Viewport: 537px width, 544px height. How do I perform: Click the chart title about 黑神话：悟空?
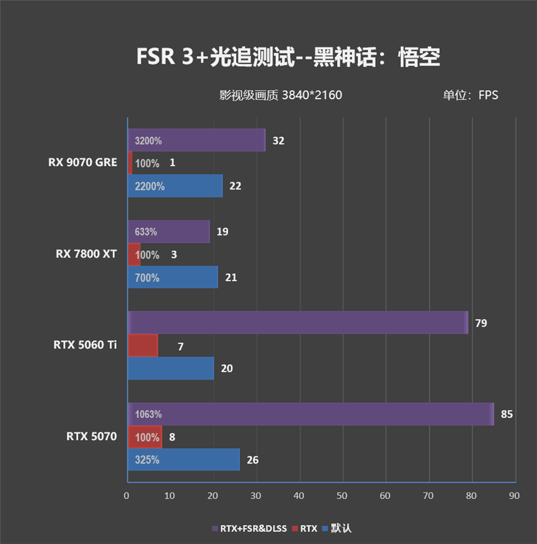click(x=288, y=57)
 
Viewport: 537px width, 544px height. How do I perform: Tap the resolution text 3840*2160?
click(x=312, y=95)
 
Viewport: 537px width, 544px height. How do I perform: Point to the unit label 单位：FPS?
click(x=470, y=95)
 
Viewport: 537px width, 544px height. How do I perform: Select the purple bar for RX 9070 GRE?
click(x=196, y=141)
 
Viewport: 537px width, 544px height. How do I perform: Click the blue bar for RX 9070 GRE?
click(x=175, y=186)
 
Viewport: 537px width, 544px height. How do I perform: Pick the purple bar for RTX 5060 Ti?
click(x=297, y=323)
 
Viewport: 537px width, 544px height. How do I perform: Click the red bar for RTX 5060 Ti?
click(x=142, y=345)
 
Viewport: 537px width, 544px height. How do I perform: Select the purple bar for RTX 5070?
click(x=310, y=414)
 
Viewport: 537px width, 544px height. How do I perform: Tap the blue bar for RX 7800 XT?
click(x=173, y=277)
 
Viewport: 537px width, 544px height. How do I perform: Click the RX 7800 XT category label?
click(x=86, y=254)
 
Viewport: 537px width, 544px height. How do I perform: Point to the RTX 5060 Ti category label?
click(x=85, y=345)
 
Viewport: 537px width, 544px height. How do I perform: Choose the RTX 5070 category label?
click(x=91, y=436)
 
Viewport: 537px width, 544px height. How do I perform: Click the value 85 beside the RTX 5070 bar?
click(x=507, y=414)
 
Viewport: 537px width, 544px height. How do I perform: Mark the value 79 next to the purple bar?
click(x=481, y=323)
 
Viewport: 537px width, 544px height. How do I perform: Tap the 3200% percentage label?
click(x=148, y=141)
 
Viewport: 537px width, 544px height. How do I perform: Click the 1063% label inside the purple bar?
click(x=148, y=414)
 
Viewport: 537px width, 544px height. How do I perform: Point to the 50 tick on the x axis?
click(x=342, y=496)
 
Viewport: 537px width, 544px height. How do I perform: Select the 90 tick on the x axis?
click(x=514, y=496)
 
